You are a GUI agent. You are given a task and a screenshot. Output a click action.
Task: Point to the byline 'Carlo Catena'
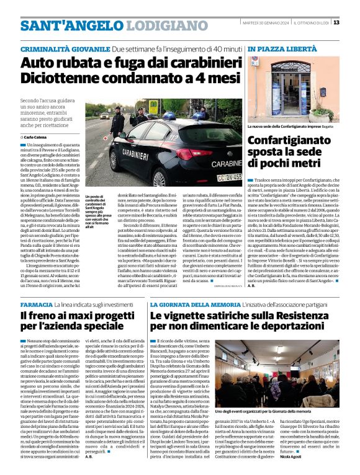pos(36,136)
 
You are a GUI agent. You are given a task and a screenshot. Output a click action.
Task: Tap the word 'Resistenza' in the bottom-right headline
pos(308,316)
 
